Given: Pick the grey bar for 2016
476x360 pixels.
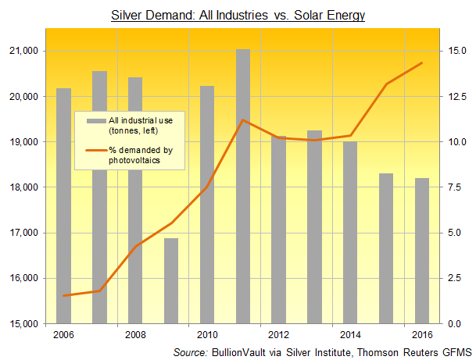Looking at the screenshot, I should point(421,250).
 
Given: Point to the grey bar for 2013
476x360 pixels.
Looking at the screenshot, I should point(315,226).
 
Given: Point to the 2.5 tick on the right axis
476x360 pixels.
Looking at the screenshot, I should point(456,278).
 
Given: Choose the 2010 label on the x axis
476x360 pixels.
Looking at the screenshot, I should point(207,336).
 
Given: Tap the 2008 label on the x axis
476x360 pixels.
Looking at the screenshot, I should point(135,336).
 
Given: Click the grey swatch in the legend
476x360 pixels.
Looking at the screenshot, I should point(96,121).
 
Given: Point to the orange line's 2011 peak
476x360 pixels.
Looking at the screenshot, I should point(243,120).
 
